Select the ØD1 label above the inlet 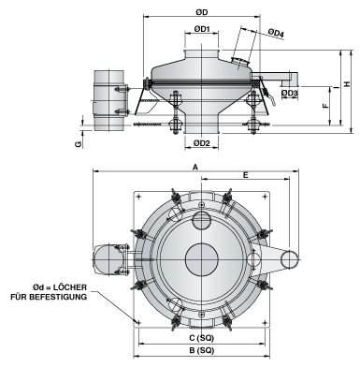click(201, 30)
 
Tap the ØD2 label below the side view click(201, 142)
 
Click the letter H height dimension click(347, 84)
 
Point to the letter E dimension click(245, 175)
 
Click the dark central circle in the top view click(201, 257)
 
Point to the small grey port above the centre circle click(202, 219)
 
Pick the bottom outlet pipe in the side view click(201, 122)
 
